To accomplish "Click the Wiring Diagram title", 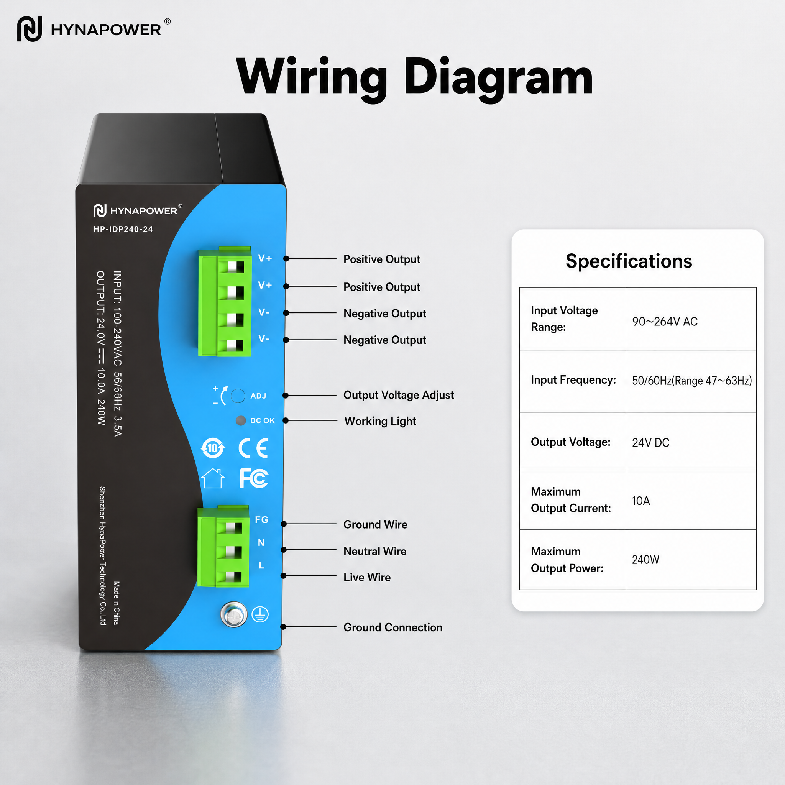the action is point(414,77).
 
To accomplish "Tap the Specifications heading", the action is point(629,261).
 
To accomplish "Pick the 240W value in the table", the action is point(645,560).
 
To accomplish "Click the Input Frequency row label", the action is point(573,380).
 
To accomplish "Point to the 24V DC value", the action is point(650,442).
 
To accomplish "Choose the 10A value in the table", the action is point(641,501).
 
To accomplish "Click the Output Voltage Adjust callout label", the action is point(399,395).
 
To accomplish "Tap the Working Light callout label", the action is point(380,421).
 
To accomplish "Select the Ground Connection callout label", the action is point(393,627).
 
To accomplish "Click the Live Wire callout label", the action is point(367,577).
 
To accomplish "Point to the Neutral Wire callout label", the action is point(374,551).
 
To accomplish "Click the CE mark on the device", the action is point(253,448).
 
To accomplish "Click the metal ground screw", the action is point(234,614).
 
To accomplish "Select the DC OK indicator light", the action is point(241,420).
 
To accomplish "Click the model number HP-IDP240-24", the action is point(123,229).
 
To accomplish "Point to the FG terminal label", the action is point(262,520).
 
